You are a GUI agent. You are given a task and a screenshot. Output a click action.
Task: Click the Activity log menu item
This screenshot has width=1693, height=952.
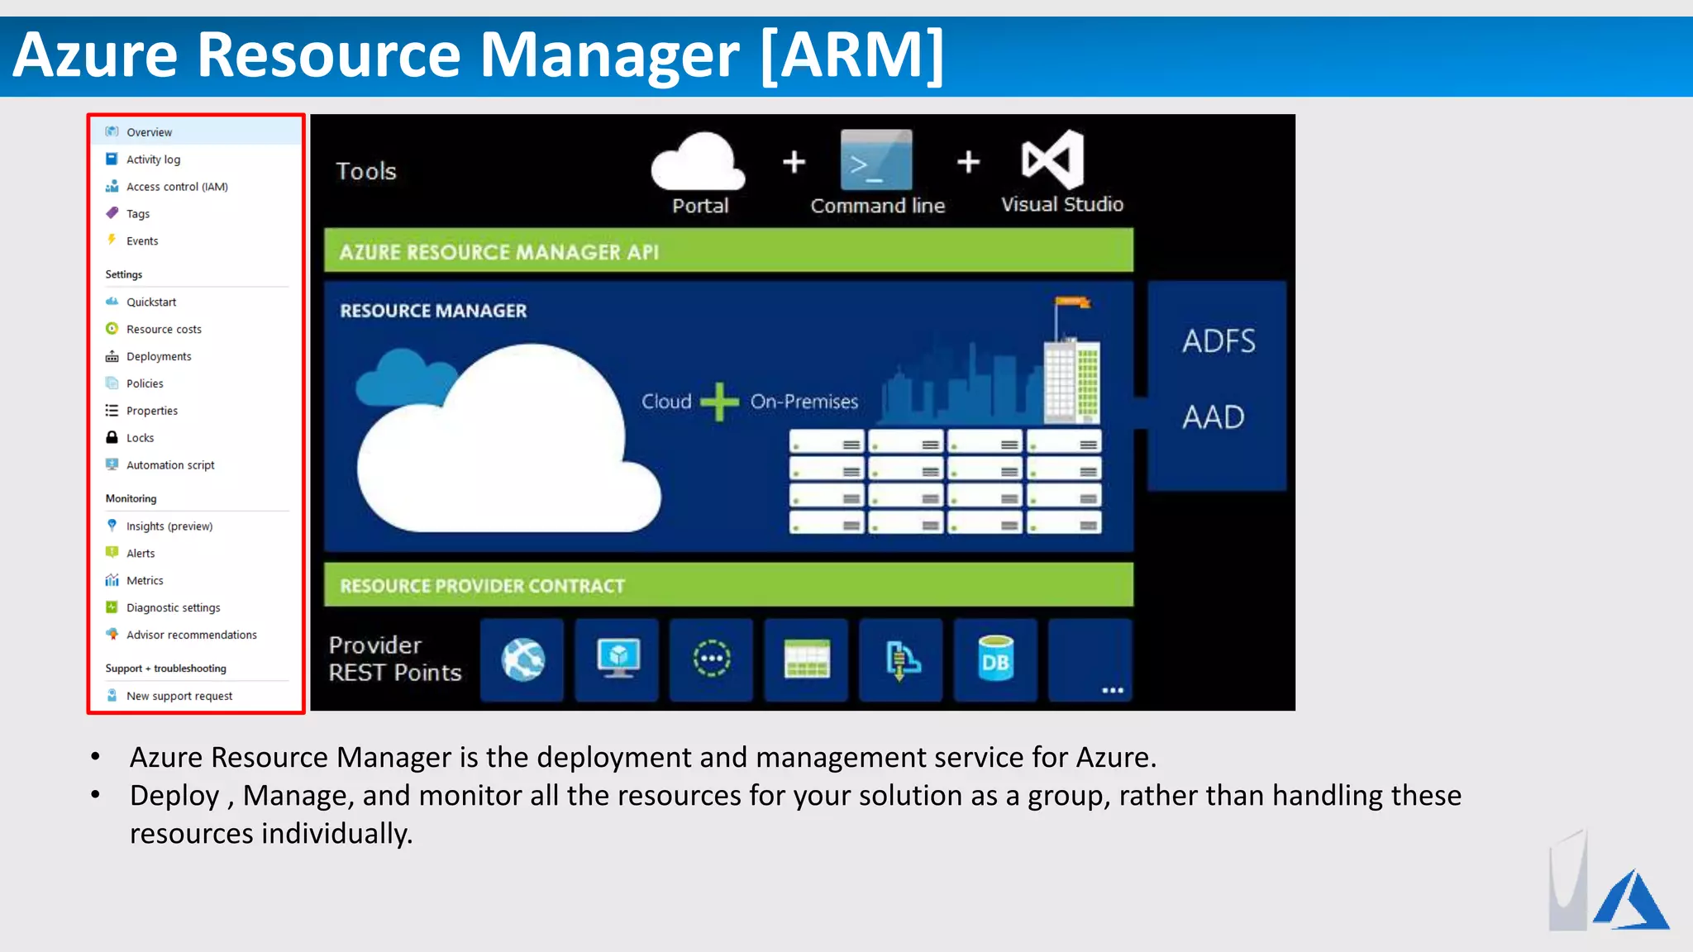coord(153,159)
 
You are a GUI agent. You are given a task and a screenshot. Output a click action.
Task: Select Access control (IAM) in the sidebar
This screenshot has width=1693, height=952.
coord(177,187)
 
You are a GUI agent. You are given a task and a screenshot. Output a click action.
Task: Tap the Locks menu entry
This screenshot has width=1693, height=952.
coord(140,438)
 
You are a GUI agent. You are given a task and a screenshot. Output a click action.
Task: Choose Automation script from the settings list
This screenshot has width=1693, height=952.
coord(170,465)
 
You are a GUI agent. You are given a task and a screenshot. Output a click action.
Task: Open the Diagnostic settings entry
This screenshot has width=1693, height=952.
coord(173,607)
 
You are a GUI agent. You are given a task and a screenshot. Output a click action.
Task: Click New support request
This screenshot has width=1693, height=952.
coord(179,696)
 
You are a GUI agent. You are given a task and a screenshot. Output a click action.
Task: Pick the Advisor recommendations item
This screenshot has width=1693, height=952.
coord(191,635)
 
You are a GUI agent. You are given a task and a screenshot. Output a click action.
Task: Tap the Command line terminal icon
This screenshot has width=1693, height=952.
coord(876,160)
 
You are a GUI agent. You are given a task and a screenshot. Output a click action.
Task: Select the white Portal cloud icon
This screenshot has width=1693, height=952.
coord(699,162)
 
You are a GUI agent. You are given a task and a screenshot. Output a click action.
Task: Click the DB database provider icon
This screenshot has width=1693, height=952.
coord(995,659)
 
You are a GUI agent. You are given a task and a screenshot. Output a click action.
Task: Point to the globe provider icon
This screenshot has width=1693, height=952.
coord(522,659)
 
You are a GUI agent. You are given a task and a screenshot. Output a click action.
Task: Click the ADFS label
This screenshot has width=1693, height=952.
coord(1218,340)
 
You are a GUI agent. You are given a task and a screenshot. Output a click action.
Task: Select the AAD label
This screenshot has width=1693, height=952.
coord(1213,416)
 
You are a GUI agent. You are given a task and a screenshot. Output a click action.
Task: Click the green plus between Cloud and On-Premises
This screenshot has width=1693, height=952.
coord(719,402)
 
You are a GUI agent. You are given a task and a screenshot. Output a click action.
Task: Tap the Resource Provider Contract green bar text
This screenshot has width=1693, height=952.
coord(482,586)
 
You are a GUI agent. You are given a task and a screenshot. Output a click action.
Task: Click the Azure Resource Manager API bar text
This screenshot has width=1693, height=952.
coord(498,252)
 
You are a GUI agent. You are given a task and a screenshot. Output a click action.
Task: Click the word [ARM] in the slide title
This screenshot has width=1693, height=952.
coord(851,55)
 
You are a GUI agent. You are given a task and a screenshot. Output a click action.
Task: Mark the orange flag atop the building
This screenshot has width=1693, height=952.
coord(1074,302)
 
